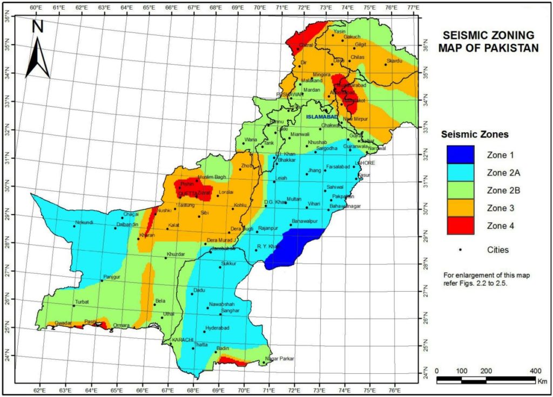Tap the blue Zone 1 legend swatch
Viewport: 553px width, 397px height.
coord(460,155)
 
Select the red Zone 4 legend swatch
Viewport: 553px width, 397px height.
coord(460,225)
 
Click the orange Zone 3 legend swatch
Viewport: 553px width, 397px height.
coord(460,208)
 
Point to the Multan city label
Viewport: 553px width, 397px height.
coord(294,198)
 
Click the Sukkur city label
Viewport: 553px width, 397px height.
coord(229,263)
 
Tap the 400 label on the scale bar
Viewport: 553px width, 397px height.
coord(535,371)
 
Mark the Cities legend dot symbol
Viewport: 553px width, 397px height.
coord(460,250)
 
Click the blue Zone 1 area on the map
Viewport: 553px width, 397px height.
coord(294,245)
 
